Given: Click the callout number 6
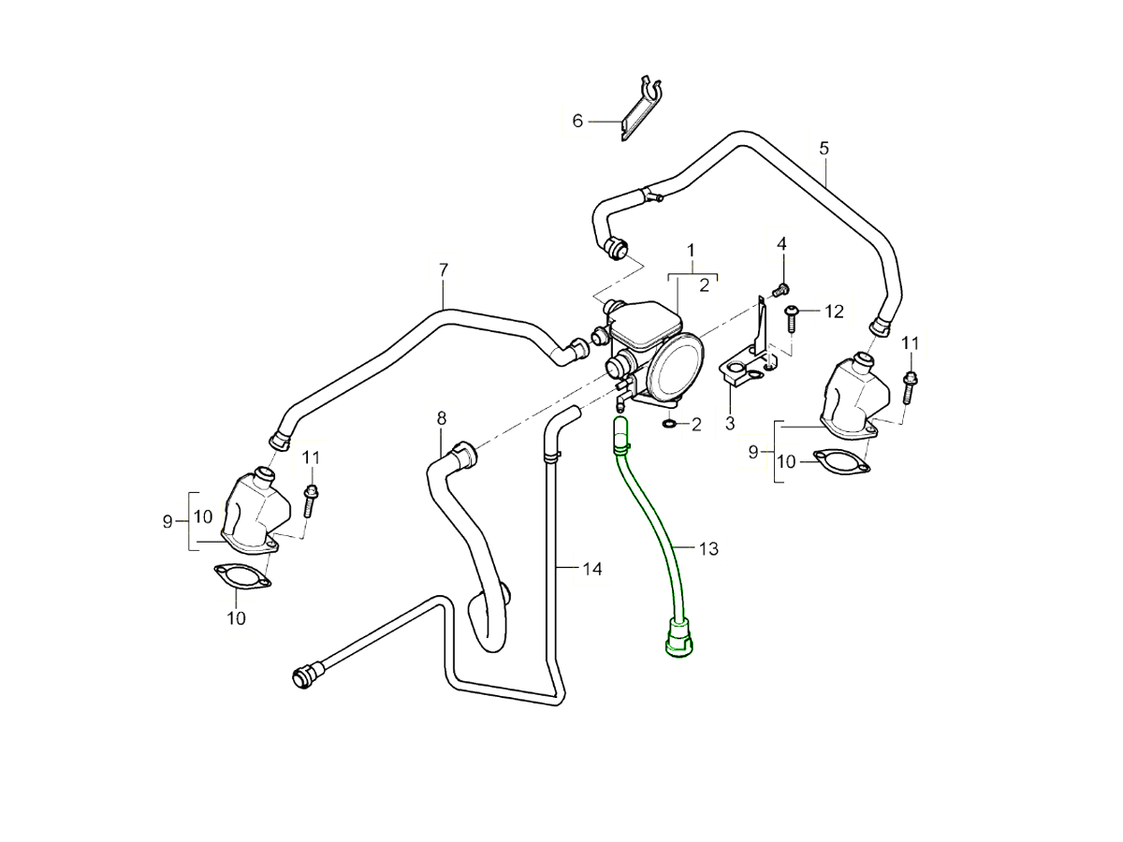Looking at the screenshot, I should [x=577, y=121].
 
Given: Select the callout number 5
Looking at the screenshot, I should [x=824, y=148].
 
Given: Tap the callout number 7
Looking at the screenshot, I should [x=444, y=269].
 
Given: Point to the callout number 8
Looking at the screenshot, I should [x=442, y=417].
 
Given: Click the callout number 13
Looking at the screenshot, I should [x=708, y=548].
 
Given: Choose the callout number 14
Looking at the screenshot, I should [x=591, y=568].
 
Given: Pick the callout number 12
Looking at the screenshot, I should [x=834, y=311].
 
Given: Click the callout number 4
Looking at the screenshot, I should [x=782, y=243].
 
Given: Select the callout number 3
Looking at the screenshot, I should [x=730, y=424].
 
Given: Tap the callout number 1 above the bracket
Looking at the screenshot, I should [x=691, y=250].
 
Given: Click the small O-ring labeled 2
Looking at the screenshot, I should [x=669, y=425].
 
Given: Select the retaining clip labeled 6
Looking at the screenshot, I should [x=641, y=108].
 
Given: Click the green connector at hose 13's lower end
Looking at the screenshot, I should [x=676, y=636].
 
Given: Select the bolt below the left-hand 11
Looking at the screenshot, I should [x=311, y=500].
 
